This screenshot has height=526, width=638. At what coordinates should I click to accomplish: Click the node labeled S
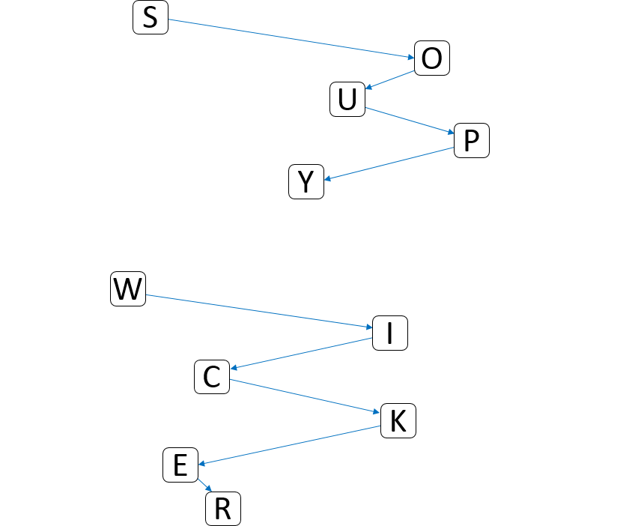(151, 18)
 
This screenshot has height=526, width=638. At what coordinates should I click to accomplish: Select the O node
(432, 58)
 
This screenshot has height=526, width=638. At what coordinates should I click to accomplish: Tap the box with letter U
(347, 100)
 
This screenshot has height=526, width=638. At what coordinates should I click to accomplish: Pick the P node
(472, 141)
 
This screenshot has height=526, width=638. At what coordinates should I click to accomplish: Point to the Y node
(306, 182)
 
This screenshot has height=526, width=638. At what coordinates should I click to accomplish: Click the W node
(128, 289)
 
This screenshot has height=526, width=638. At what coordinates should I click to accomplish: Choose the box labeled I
(390, 333)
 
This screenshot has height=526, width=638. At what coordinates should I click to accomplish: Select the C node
(212, 377)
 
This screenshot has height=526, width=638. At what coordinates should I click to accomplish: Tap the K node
(398, 422)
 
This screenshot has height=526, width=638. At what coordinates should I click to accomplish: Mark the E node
(180, 466)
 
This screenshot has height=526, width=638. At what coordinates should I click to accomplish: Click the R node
(223, 510)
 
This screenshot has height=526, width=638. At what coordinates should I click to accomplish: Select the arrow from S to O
(291, 38)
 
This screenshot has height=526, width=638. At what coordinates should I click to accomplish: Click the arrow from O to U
(390, 80)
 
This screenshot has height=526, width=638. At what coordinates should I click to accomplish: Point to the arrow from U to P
(410, 121)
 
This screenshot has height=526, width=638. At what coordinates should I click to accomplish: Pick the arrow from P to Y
(390, 163)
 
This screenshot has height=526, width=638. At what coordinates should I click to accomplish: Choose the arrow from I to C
(302, 354)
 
